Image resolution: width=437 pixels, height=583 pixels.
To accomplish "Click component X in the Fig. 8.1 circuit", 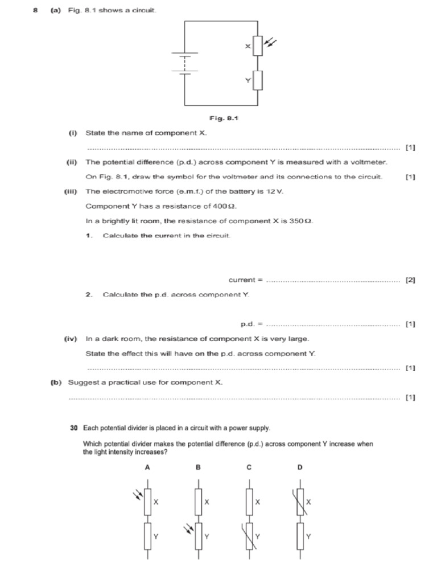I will tap(258, 46).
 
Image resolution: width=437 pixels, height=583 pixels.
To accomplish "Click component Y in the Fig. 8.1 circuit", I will tap(258, 81).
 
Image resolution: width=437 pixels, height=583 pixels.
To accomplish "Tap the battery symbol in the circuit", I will tap(184, 63).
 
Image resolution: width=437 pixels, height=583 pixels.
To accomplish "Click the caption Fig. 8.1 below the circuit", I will tap(224, 118).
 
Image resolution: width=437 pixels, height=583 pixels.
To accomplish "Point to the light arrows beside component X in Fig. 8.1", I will tap(271, 42).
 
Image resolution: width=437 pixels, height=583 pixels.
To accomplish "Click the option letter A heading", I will tap(147, 467).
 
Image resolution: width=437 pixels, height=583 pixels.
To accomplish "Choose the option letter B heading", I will tap(198, 467).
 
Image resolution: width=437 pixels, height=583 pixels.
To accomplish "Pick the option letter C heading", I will tap(249, 467).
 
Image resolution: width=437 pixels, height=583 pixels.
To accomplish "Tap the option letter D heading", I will tap(300, 467).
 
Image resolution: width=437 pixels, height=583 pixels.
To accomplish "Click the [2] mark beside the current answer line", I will tap(410, 280).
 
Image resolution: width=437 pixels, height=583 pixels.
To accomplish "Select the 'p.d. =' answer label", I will tap(251, 325).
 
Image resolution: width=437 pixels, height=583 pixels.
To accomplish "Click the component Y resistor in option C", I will tap(249, 536).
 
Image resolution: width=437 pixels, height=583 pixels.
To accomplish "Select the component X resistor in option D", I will tap(300, 502).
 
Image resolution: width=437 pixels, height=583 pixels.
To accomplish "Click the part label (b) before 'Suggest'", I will tap(57, 383).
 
